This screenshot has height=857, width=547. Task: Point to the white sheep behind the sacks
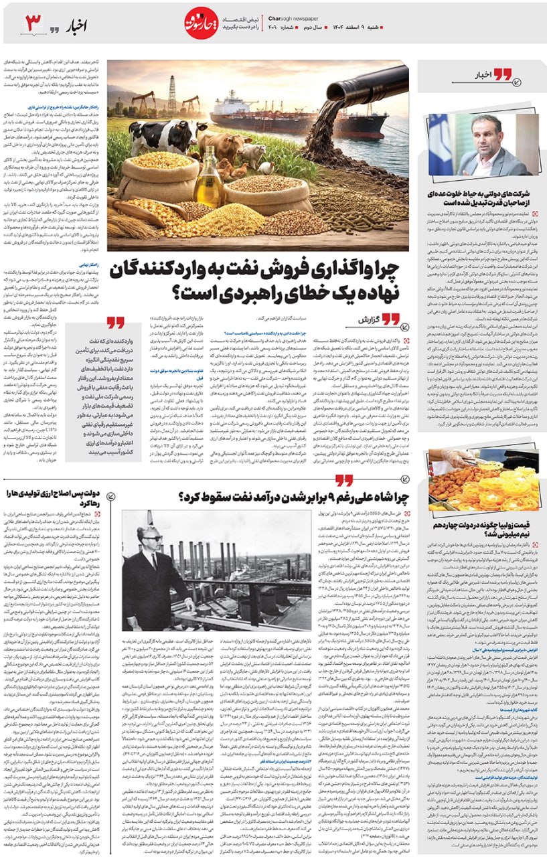(253, 154)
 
